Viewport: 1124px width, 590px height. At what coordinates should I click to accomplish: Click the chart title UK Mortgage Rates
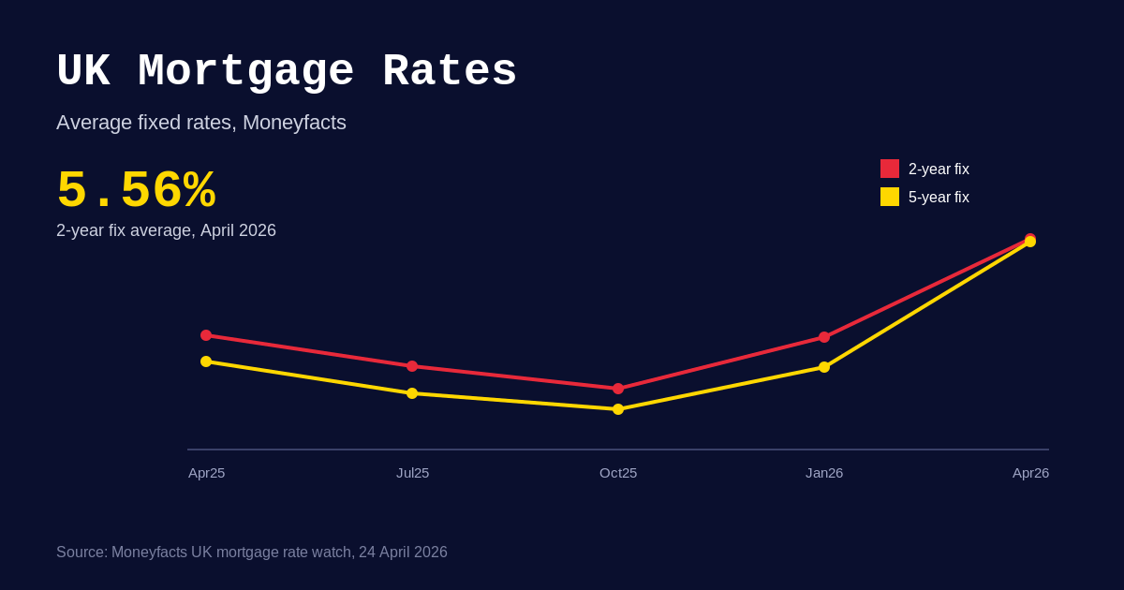pos(287,72)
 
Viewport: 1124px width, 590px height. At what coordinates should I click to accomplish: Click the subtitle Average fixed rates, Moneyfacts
pos(201,123)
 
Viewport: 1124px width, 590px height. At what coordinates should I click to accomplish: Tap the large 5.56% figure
pos(136,191)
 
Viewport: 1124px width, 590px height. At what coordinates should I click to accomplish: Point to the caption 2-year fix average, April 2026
pos(166,230)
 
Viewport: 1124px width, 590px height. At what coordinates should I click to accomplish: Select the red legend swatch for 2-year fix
pos(890,169)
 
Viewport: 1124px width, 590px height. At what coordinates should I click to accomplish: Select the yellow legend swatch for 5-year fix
pos(890,197)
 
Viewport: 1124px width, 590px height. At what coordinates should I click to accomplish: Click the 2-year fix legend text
pos(939,170)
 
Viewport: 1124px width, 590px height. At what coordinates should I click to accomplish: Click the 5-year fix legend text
pos(939,198)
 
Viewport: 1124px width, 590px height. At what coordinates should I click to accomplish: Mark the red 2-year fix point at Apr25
pos(206,335)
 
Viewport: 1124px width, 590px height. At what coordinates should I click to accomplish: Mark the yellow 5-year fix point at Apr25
pos(206,361)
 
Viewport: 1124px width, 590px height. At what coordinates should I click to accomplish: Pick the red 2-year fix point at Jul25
pos(412,366)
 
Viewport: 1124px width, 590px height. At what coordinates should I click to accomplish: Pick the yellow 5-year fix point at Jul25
pos(412,393)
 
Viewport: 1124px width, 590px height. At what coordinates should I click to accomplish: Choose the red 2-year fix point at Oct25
pos(618,389)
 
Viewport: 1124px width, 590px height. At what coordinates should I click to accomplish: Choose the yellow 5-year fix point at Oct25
pos(618,409)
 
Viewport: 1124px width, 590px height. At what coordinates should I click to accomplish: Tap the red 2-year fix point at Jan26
pos(824,337)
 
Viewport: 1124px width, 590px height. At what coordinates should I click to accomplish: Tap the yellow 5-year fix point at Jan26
pos(824,367)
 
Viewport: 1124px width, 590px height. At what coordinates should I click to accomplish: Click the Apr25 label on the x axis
pos(207,473)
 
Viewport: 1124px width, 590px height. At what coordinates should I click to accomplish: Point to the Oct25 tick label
pos(618,473)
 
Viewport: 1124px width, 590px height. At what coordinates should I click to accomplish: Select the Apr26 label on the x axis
pos(1030,473)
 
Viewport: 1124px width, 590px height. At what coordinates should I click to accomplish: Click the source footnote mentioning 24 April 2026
pos(252,553)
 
